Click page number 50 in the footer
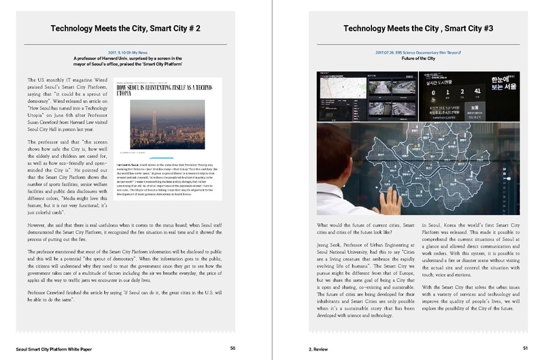pyautogui.click(x=233, y=347)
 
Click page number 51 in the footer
pyautogui.click(x=525, y=347)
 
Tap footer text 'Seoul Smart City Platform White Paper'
pyautogui.click(x=54, y=347)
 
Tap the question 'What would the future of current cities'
pyautogui.click(x=362, y=229)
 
